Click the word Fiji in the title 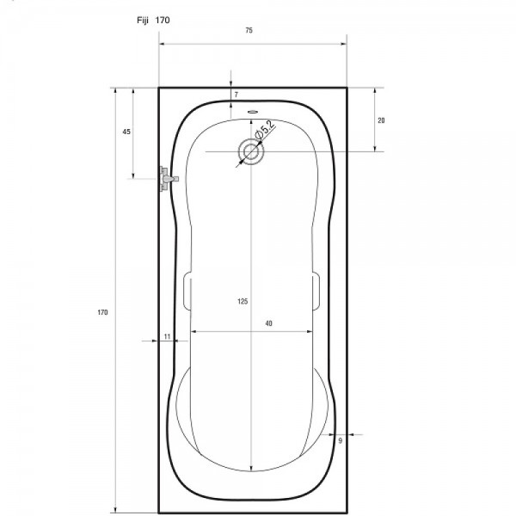[x=143, y=21]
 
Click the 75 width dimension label [x=249, y=30]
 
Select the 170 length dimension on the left [x=102, y=312]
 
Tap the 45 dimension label [x=126, y=132]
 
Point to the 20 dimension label [x=381, y=120]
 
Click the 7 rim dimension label [x=236, y=95]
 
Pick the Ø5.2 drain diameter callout [x=265, y=130]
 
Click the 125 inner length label [x=243, y=301]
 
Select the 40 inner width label [x=269, y=323]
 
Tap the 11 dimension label [x=167, y=336]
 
